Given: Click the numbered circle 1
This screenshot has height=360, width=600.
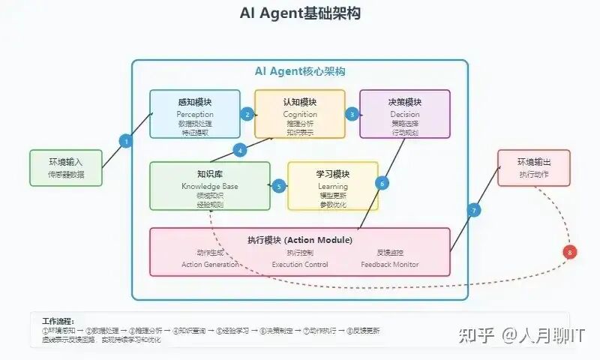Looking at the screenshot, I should [126, 141].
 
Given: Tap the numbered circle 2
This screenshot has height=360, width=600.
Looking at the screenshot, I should [247, 114].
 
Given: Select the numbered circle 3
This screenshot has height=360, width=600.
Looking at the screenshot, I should [352, 114].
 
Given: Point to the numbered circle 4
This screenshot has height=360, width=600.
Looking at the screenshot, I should [240, 150].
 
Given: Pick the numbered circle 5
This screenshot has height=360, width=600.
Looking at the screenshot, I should [279, 186].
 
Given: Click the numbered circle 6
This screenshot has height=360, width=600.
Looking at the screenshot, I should [382, 182].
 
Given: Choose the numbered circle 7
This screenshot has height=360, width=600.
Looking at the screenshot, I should [474, 210].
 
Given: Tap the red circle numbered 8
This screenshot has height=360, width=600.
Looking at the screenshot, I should [571, 253].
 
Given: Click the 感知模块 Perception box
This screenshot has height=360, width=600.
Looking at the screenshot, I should [195, 114].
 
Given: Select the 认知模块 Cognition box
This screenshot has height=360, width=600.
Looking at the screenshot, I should [300, 114].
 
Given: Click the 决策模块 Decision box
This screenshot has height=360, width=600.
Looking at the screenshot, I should [405, 114].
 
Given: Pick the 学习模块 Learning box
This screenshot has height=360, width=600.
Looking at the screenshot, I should [333, 186].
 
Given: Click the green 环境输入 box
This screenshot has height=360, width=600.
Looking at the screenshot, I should [67, 167].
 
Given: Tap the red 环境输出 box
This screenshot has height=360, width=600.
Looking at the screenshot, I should [533, 167].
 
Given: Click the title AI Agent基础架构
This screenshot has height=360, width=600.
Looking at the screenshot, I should [300, 13].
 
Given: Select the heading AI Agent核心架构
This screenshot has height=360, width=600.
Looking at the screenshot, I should [300, 71].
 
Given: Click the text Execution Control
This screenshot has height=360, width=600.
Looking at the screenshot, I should [300, 264].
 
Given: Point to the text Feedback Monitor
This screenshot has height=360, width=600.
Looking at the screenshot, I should [390, 264].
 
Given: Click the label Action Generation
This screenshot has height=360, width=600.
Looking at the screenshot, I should [210, 264].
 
